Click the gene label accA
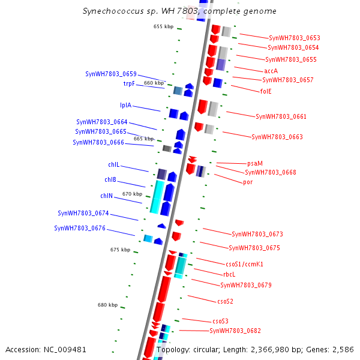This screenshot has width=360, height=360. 271,71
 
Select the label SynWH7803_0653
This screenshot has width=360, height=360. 294,38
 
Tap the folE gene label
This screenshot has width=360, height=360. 265,91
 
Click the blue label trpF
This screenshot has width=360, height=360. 129,83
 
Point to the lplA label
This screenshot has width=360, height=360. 125,105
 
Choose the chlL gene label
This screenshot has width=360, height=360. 113,164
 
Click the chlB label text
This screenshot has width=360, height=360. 110,179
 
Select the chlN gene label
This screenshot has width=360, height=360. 106,196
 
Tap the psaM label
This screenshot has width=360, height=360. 254,163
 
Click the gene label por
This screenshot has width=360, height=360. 247,182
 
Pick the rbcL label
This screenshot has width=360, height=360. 229,274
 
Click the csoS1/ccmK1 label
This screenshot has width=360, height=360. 244,264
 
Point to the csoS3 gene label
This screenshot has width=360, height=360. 220,321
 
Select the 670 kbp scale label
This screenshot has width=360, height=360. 132,194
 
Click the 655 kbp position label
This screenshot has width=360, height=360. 163,26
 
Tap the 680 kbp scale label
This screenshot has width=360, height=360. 107,305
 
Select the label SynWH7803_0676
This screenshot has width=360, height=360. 80,228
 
